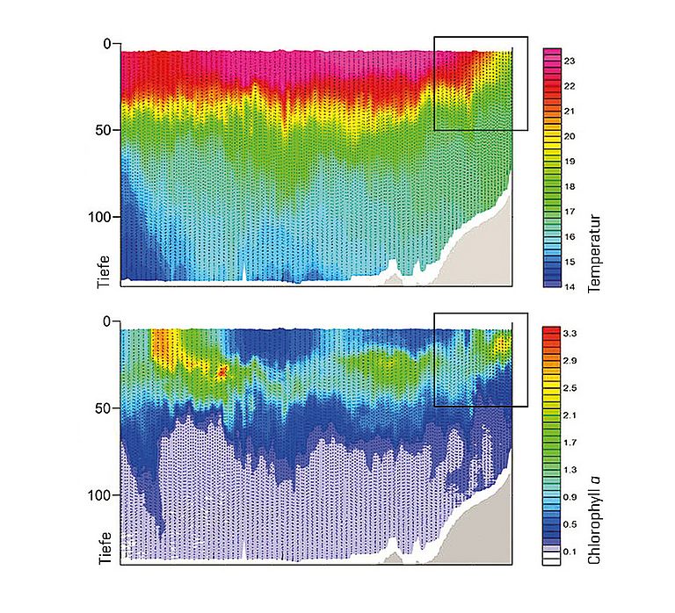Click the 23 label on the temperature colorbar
pyautogui.click(x=570, y=61)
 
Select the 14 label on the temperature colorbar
pyautogui.click(x=570, y=285)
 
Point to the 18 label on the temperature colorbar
pyautogui.click(x=570, y=186)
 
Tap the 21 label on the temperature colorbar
pyautogui.click(x=570, y=112)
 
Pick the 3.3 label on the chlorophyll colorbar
pyautogui.click(x=570, y=334)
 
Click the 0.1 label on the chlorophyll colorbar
pyautogui.click(x=570, y=552)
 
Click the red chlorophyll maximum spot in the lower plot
pyautogui.click(x=222, y=371)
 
